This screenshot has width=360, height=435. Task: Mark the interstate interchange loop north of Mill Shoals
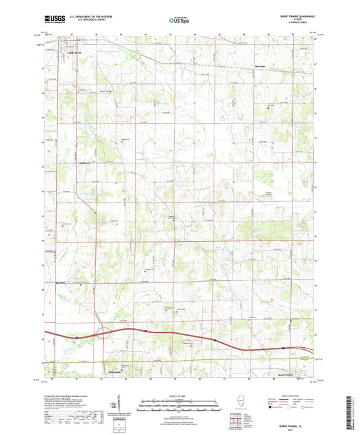[102, 332]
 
